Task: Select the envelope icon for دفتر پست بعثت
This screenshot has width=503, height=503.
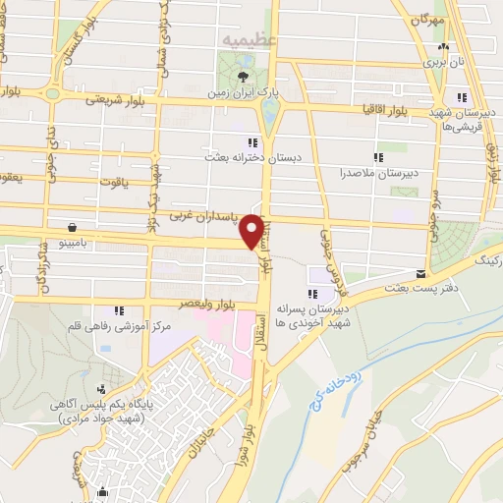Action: click(x=420, y=274)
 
